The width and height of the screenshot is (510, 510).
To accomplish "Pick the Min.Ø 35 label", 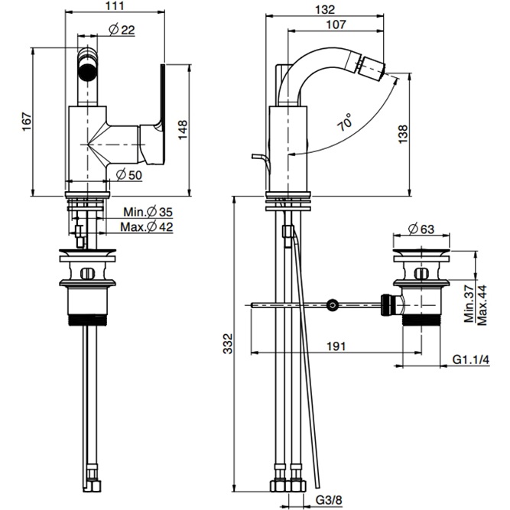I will coord(150,212).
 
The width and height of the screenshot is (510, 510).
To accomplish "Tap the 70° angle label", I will coord(344,122).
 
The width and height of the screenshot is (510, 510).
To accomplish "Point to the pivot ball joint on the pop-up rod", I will coord(331,305).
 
